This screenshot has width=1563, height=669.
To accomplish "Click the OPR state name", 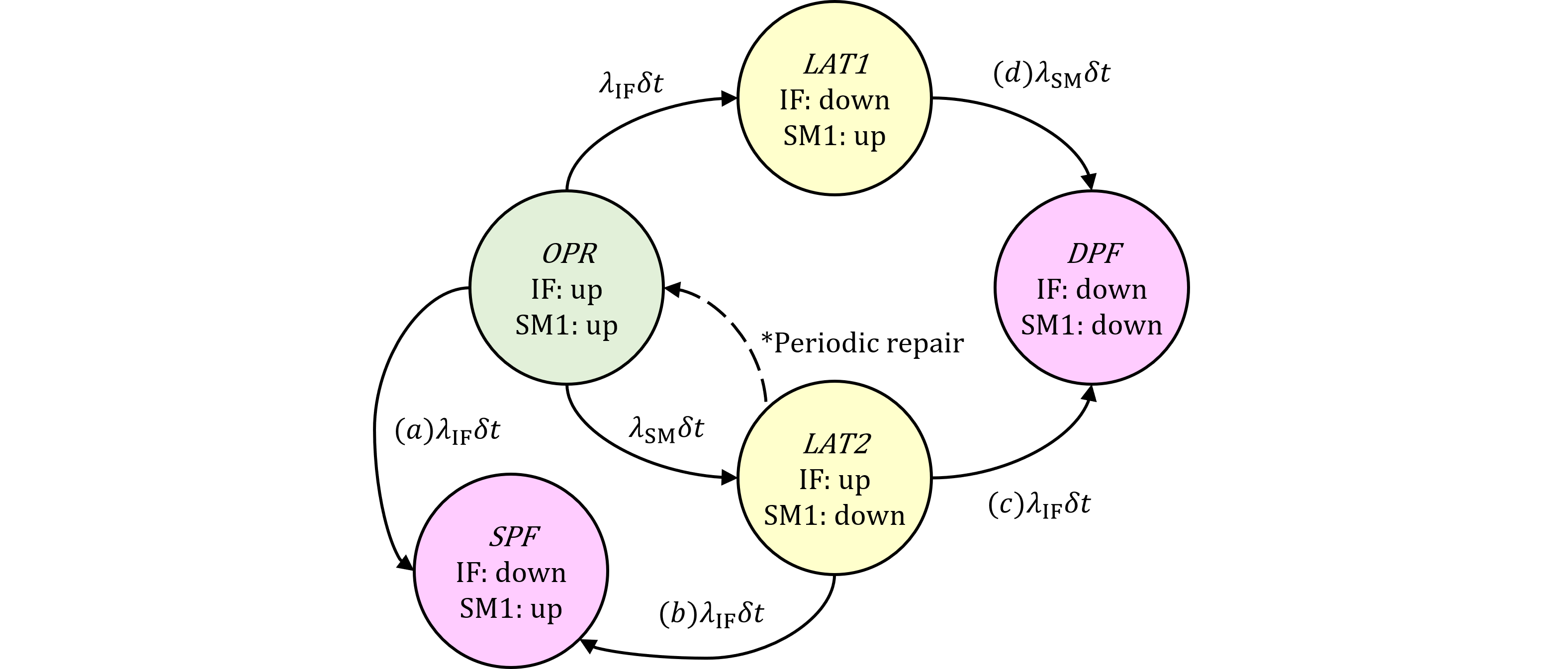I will coord(568,253).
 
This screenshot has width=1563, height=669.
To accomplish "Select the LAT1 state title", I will coord(836,64).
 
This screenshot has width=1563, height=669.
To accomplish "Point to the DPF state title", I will coord(1094,253).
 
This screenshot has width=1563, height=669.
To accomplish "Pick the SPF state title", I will coord(513,537).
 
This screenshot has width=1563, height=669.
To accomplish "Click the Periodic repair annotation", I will coord(862,344).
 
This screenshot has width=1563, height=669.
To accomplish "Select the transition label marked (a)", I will coord(448,431).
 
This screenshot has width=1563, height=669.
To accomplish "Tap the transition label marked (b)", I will coord(711,614).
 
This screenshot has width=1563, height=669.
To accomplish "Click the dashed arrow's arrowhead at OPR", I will coord(672,289).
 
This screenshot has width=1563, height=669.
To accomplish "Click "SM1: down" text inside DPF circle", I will coord(1091,326).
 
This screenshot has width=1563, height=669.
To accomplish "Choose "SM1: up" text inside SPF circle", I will coord(510,609).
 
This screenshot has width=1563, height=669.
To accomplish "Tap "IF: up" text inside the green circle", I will coord(566,290).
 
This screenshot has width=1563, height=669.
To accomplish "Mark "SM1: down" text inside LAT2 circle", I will coord(834,515).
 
